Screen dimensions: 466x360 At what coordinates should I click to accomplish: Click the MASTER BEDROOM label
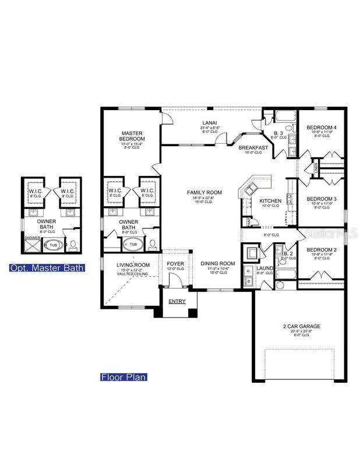[133, 136]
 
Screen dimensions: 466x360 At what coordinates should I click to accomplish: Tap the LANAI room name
[210, 122]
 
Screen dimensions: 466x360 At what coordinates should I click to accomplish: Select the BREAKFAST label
[253, 147]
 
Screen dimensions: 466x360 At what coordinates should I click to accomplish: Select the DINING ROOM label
[217, 263]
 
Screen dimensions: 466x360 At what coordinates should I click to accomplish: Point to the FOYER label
[175, 263]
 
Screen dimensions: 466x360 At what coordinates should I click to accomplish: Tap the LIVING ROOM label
[133, 265]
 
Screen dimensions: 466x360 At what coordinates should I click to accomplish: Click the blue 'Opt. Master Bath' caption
[46, 268]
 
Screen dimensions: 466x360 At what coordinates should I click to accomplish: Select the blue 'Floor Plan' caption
[123, 377]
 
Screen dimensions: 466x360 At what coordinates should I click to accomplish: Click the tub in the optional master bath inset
[52, 245]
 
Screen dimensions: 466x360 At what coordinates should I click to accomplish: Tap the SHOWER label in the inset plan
[31, 237]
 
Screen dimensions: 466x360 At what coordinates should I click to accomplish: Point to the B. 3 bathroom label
[279, 133]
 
